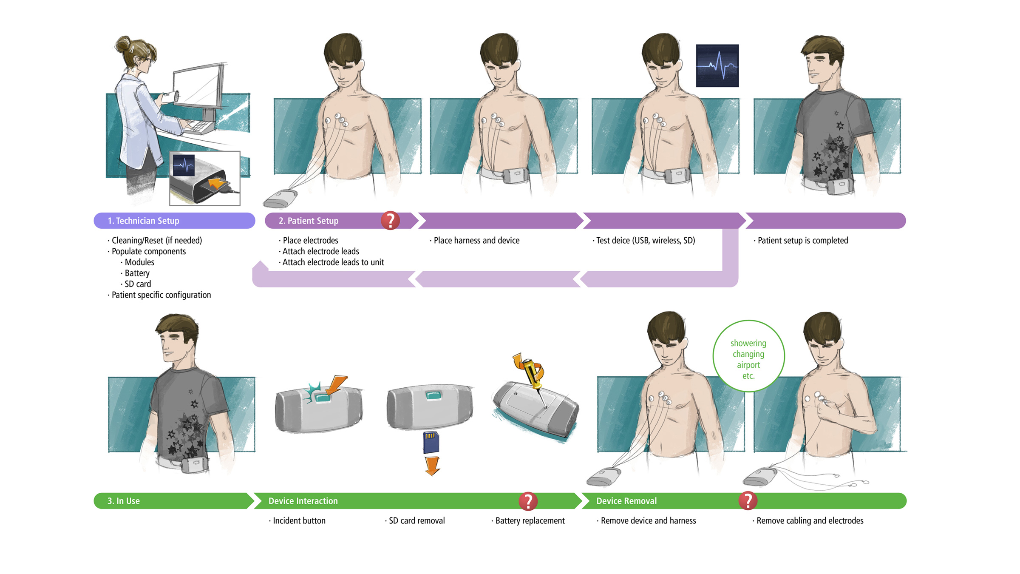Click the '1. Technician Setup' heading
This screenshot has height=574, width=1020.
pyautogui.click(x=143, y=221)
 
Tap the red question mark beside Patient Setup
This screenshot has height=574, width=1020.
pyautogui.click(x=390, y=220)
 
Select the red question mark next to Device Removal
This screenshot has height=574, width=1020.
pyautogui.click(x=748, y=500)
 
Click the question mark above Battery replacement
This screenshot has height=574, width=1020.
pyautogui.click(x=528, y=501)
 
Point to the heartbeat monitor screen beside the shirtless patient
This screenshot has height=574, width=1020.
pyautogui.click(x=717, y=66)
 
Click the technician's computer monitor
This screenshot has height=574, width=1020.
pyautogui.click(x=198, y=87)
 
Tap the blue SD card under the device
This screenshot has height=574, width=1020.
pyautogui.click(x=431, y=442)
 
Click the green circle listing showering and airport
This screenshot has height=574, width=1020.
pyautogui.click(x=748, y=356)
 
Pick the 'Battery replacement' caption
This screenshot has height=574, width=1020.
pyautogui.click(x=530, y=520)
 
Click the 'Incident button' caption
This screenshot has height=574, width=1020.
pyautogui.click(x=299, y=520)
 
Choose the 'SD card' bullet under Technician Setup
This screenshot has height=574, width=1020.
pyautogui.click(x=137, y=284)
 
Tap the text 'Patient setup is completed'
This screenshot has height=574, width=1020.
pyautogui.click(x=802, y=241)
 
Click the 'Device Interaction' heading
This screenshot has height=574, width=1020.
pyautogui.click(x=303, y=501)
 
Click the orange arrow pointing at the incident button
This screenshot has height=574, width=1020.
pyautogui.click(x=337, y=384)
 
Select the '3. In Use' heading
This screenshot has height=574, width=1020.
pyautogui.click(x=123, y=501)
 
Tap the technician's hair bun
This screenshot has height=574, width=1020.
pyautogui.click(x=123, y=43)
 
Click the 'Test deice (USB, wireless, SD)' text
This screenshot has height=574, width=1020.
pyautogui.click(x=645, y=241)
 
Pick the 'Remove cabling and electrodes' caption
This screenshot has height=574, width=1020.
pyautogui.click(x=810, y=520)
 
